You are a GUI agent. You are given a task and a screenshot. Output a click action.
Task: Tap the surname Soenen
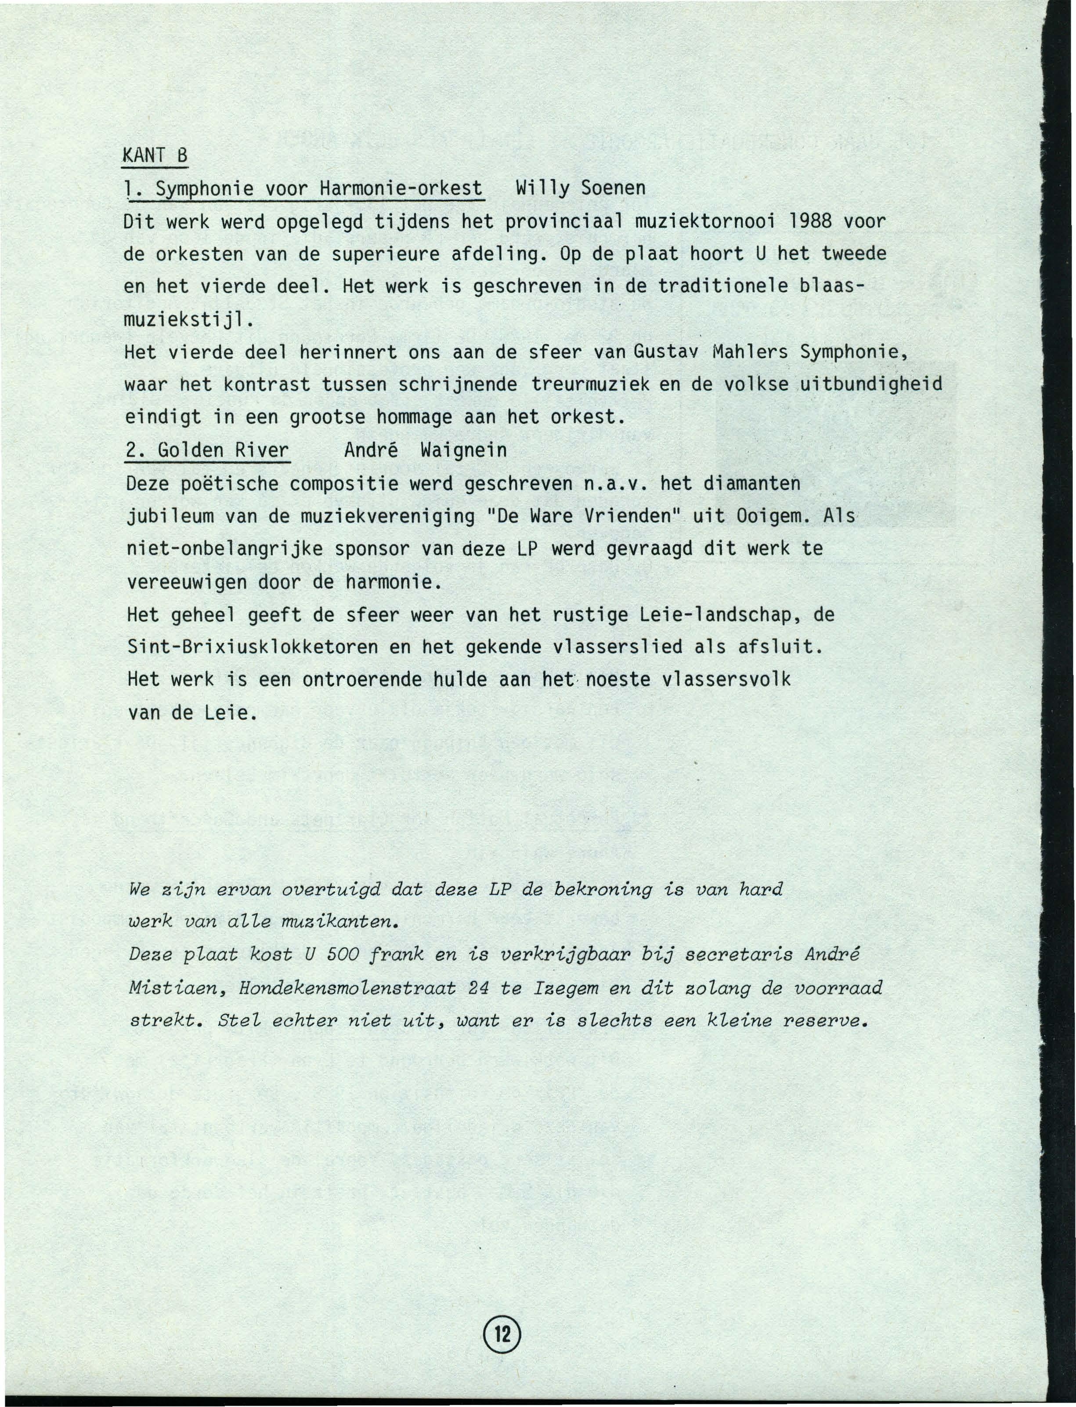[x=613, y=189]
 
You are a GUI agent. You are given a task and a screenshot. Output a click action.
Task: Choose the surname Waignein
[x=464, y=450]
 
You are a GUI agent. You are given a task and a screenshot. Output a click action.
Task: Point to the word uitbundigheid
[x=872, y=385]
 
